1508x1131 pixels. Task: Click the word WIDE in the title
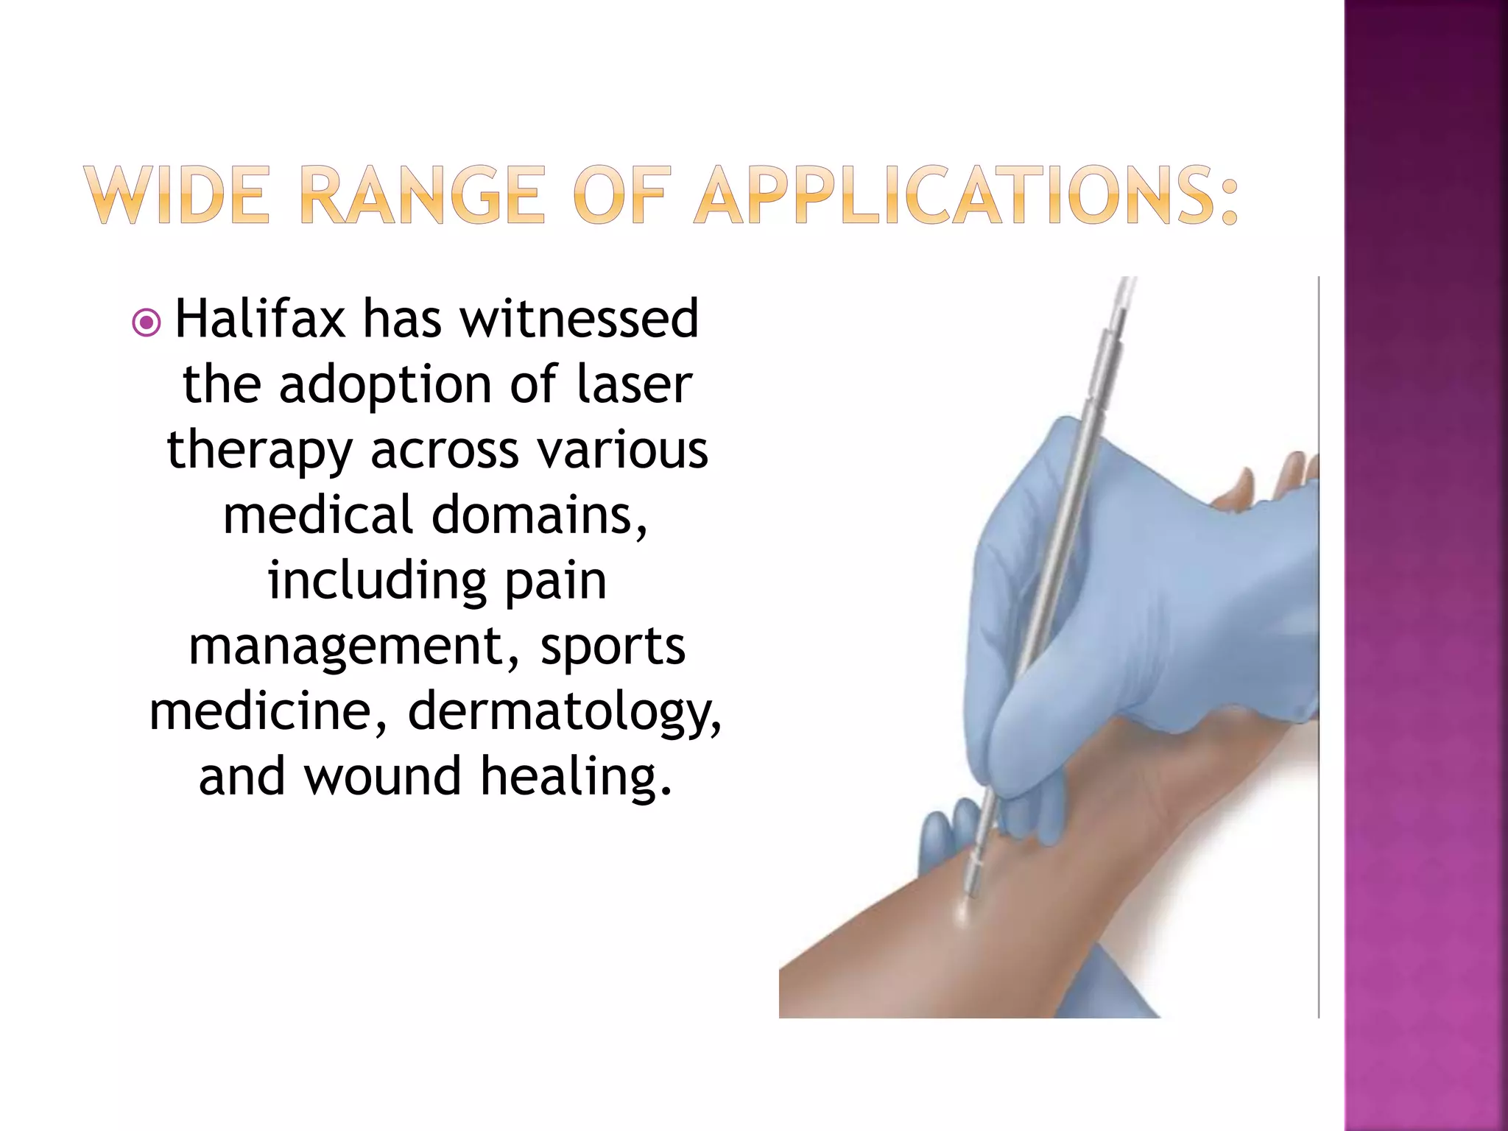point(177,195)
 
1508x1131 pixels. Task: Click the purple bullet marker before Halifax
point(147,323)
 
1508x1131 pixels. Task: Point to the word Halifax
point(260,320)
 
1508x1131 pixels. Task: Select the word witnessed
point(579,320)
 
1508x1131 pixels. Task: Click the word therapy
point(259,451)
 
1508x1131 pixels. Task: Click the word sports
point(613,646)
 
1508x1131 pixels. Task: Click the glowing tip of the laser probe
point(963,909)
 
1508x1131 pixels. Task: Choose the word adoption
point(385,387)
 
